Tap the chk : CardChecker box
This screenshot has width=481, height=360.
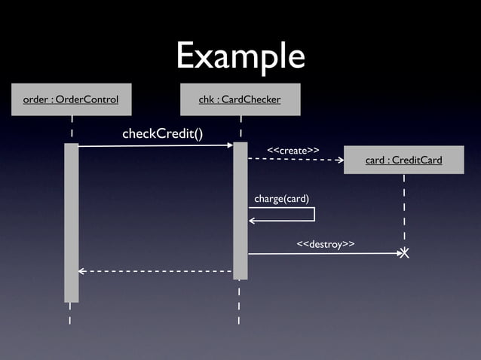coord(240,99)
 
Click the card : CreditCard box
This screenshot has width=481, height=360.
coord(403,160)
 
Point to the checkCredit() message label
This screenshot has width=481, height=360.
coord(162,134)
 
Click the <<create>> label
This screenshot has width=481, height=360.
coord(293,151)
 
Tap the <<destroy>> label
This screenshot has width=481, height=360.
coord(326,244)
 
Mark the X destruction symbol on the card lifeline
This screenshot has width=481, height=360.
coord(405,254)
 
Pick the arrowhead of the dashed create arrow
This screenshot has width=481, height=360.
coord(340,160)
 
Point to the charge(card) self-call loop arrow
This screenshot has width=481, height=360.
coord(313,214)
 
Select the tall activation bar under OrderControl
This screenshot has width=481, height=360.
coord(71,222)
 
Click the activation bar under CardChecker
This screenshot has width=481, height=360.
coord(240,211)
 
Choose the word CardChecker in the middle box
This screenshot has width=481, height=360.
coord(251,99)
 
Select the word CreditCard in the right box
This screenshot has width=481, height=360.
coord(418,160)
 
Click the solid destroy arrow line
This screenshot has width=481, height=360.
coord(324,254)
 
